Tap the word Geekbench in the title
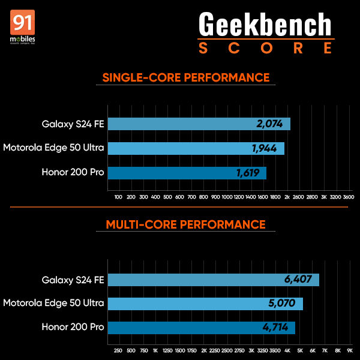(265, 25)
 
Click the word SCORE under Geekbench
(265, 48)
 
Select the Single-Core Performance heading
(186, 77)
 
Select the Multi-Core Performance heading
(185, 224)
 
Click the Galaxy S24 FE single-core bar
(198, 124)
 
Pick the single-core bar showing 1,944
(195, 148)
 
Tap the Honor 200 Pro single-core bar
(186, 173)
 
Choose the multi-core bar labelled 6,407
(213, 280)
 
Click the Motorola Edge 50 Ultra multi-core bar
(204, 304)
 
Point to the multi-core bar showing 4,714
(201, 328)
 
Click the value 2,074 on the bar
(269, 124)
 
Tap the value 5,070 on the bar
(282, 304)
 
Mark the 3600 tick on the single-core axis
(349, 197)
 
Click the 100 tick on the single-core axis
(118, 197)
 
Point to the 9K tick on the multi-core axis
(349, 350)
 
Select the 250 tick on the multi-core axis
(118, 350)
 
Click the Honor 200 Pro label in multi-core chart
(73, 328)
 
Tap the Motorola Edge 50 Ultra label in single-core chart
(53, 148)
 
